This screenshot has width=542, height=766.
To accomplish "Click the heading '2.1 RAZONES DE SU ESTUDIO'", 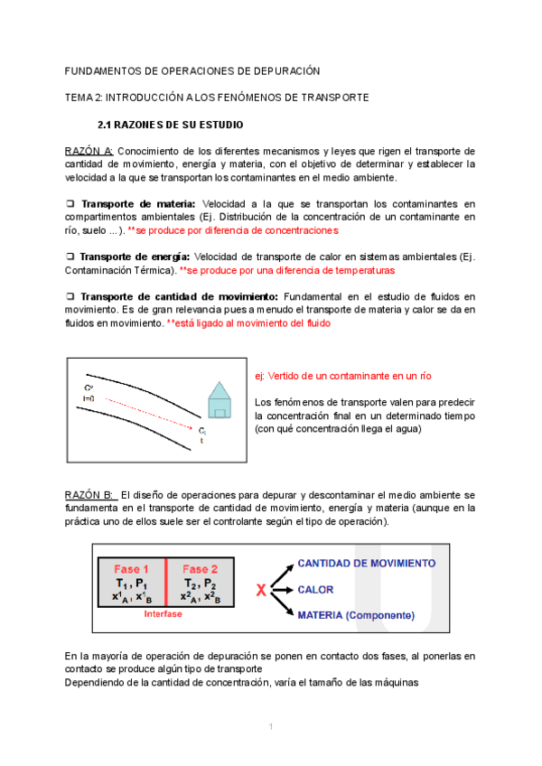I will pyautogui.click(x=170, y=124).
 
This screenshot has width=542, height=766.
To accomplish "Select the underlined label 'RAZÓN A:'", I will pyautogui.click(x=89, y=151).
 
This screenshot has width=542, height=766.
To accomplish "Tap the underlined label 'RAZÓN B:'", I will pyautogui.click(x=89, y=496).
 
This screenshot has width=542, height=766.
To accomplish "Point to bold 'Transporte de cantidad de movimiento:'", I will pyautogui.click(x=180, y=296).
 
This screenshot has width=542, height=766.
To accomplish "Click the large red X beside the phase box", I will pyautogui.click(x=261, y=591).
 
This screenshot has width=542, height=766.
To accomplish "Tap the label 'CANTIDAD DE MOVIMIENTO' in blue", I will pyautogui.click(x=366, y=563).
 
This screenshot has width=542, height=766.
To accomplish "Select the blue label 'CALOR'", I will pyautogui.click(x=315, y=590).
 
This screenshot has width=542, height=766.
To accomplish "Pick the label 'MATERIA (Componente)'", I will pyautogui.click(x=356, y=615).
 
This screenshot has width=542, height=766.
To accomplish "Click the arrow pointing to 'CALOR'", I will pyautogui.click(x=282, y=590).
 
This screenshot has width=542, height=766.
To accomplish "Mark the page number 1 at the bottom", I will pyautogui.click(x=270, y=726).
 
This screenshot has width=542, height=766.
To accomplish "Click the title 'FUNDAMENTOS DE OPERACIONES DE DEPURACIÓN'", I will pyautogui.click(x=192, y=70).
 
